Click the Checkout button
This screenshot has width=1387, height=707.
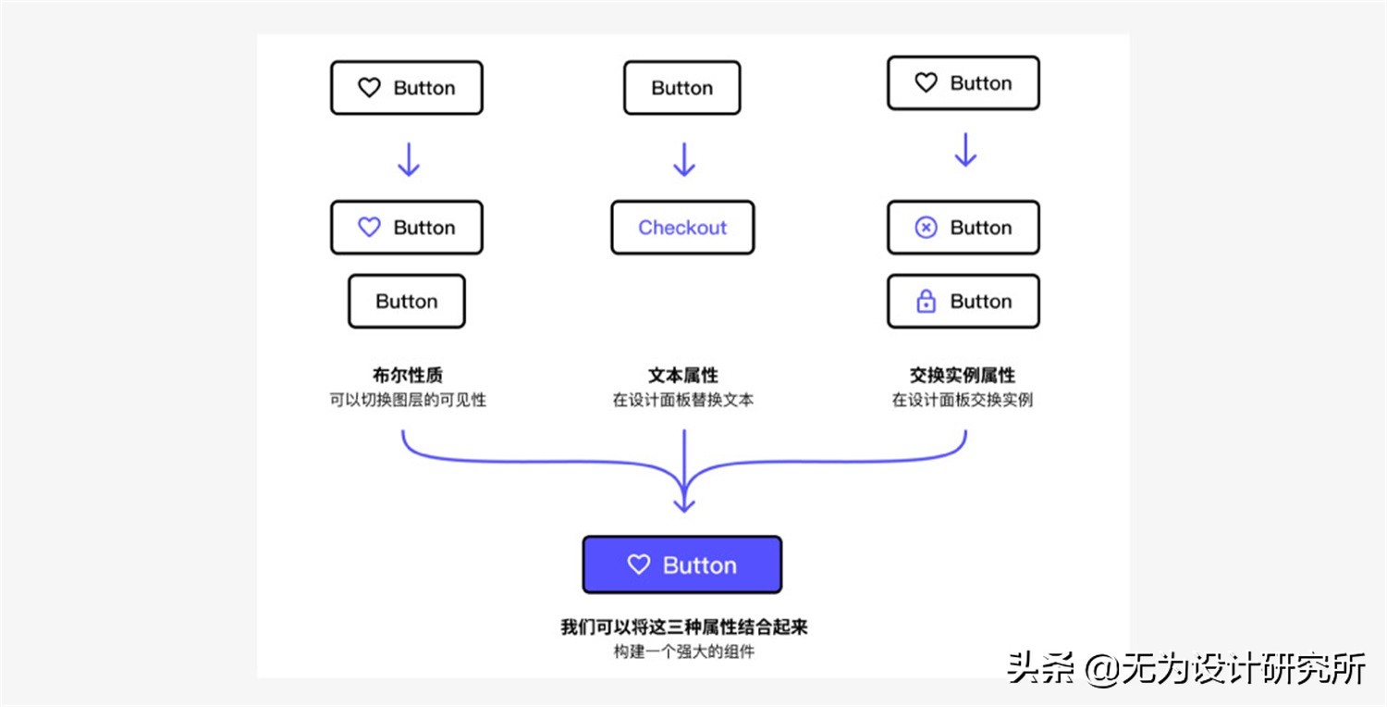point(682,228)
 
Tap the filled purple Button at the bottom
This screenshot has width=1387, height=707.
point(682,564)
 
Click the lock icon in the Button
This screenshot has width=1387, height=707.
point(926,302)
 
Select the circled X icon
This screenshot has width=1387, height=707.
point(926,228)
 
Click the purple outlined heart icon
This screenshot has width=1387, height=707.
point(369,228)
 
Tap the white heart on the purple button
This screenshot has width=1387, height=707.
point(639,564)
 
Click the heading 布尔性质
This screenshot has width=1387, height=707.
point(407,375)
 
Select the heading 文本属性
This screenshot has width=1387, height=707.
point(682,375)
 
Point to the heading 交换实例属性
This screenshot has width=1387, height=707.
point(962,375)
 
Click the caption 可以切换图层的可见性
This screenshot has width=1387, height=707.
point(407,401)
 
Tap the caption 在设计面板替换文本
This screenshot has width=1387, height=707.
point(682,401)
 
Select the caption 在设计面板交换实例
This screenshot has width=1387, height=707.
point(962,401)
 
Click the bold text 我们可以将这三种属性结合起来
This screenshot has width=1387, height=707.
point(683,626)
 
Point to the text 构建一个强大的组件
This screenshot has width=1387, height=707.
point(683,651)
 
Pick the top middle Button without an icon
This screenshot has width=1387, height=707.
point(681,88)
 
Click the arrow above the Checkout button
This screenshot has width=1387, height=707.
point(683,159)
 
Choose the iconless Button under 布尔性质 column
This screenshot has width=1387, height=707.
point(407,302)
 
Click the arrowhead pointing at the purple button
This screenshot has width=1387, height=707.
point(683,503)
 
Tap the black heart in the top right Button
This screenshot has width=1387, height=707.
point(926,83)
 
